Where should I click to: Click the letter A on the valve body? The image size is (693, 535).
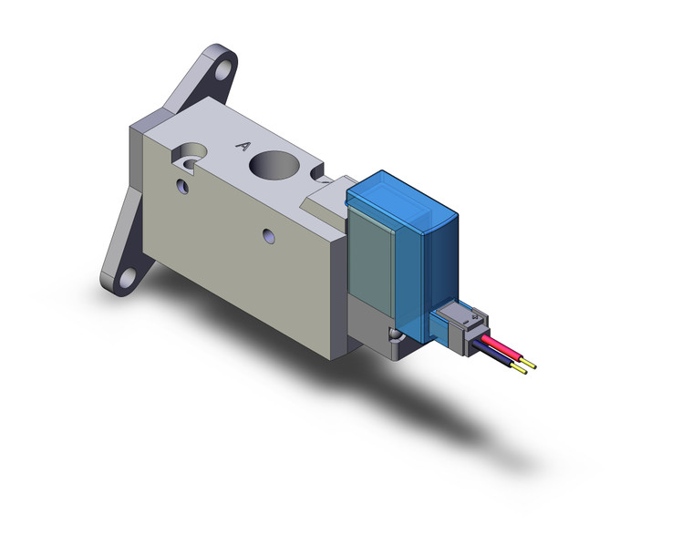243,145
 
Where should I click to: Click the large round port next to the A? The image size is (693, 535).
276,169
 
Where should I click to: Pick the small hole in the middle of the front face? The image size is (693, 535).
268,237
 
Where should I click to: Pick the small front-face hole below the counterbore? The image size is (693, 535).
182,187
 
